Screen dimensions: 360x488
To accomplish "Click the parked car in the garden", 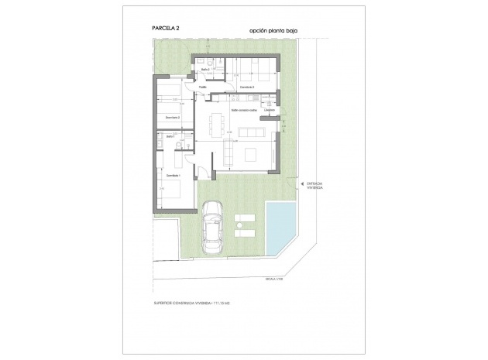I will pos(211,228).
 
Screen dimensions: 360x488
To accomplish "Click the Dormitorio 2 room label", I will pos(172,117).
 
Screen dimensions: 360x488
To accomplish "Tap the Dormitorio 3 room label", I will pos(247,87).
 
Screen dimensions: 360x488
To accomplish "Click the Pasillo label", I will pos(202,87).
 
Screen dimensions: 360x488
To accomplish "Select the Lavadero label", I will pos(269,109).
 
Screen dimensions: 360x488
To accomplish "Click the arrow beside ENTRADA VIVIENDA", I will pos(301,183).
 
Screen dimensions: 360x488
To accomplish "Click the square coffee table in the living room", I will pos(252,155).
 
